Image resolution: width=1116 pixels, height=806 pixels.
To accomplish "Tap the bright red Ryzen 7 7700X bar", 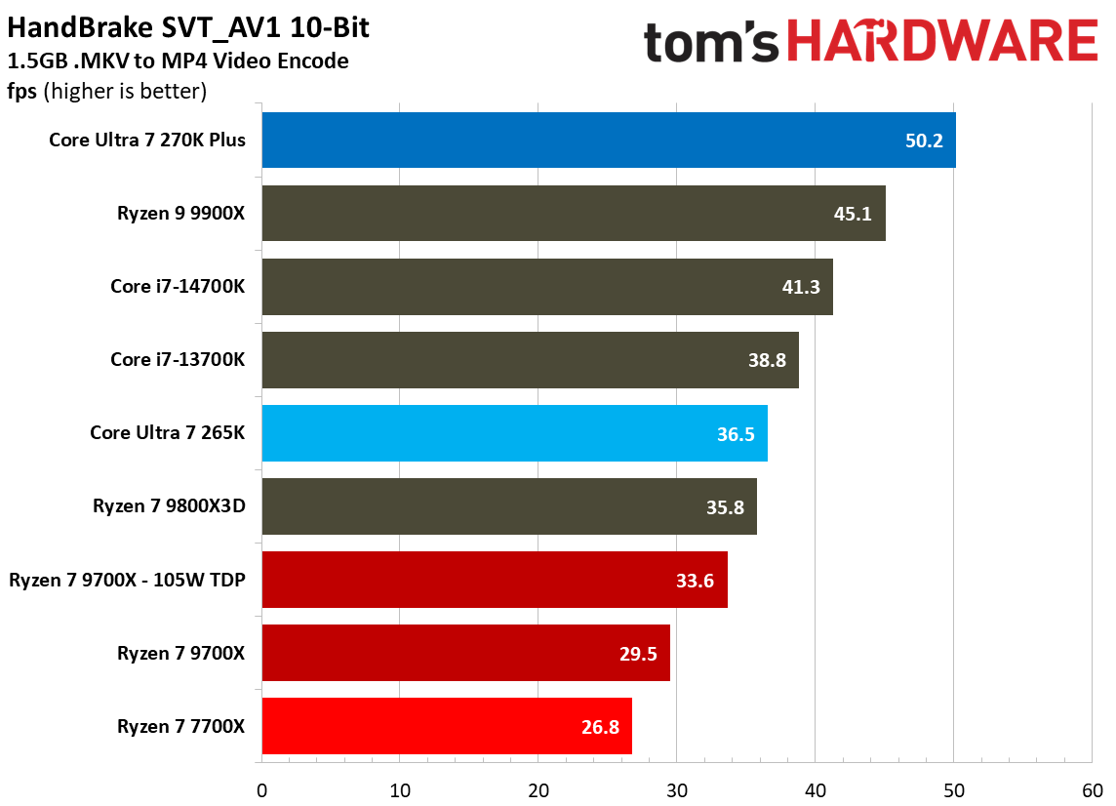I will [x=446, y=726].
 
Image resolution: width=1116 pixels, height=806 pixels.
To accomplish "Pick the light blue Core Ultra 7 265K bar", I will [x=514, y=433].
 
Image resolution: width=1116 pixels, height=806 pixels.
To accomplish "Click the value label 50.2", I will [x=924, y=141].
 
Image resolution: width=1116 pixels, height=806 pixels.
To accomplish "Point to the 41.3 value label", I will [x=801, y=287].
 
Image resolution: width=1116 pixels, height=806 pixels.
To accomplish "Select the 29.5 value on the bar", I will [x=638, y=653].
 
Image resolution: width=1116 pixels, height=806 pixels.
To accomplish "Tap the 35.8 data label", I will [x=725, y=506].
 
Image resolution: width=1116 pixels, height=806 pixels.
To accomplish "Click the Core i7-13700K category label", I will [x=178, y=360].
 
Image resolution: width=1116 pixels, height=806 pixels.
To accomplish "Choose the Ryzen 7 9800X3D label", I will [x=169, y=506].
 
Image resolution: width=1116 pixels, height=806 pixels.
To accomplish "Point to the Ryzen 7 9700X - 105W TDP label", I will [x=127, y=580].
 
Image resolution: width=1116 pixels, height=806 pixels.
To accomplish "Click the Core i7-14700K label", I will [x=178, y=287].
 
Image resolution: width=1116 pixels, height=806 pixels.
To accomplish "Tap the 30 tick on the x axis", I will [x=677, y=789].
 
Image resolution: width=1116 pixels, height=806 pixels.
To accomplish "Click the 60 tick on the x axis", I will [x=1092, y=789].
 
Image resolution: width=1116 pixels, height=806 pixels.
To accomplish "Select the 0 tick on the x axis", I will [x=261, y=789].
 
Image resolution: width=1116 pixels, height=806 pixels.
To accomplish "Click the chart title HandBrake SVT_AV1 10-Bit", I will [x=188, y=28].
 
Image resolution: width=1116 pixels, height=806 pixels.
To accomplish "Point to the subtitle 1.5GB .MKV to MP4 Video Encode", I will [x=178, y=61].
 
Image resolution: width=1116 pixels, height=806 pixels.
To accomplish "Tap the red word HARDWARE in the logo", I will [x=941, y=42].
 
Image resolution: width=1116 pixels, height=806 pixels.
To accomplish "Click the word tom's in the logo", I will [x=712, y=44].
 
